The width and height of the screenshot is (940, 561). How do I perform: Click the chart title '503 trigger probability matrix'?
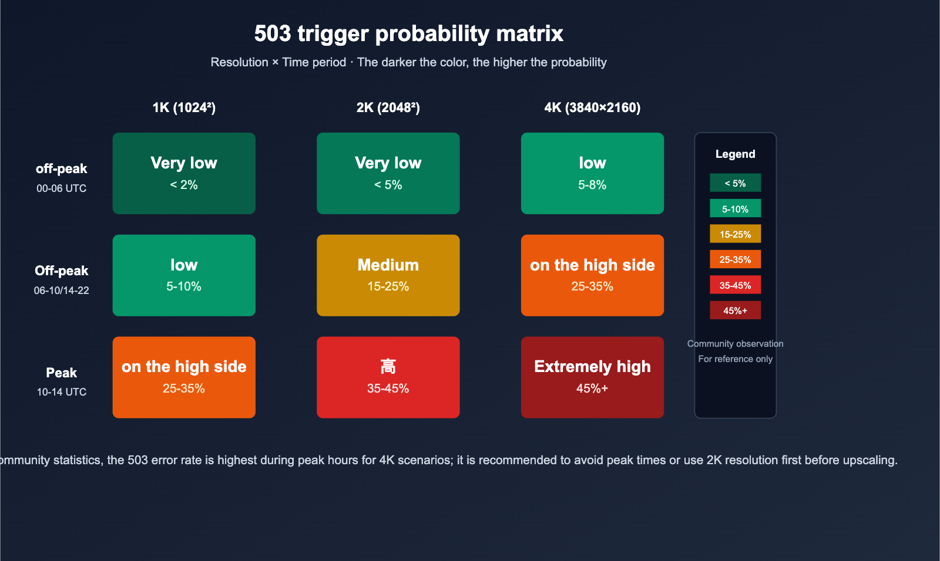(408, 33)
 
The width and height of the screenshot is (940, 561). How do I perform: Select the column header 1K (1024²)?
(184, 107)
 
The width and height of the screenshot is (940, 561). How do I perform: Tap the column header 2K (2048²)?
(388, 107)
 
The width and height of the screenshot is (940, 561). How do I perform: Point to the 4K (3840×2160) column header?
(592, 107)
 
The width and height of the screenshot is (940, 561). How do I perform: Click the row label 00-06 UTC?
(61, 188)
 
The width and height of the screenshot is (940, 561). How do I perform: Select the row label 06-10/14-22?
(61, 290)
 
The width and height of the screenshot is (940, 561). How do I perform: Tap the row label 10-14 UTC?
(61, 392)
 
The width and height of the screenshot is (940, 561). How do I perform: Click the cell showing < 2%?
(184, 174)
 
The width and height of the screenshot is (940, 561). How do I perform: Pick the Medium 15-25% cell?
(388, 275)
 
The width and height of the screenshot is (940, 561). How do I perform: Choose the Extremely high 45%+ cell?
(592, 377)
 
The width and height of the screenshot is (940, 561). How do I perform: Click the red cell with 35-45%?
(388, 377)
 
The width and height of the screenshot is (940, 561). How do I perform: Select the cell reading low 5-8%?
(592, 174)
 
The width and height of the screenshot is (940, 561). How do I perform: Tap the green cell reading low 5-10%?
(184, 275)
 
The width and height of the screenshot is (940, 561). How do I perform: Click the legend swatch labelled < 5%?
(735, 183)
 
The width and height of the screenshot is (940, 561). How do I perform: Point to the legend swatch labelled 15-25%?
(735, 234)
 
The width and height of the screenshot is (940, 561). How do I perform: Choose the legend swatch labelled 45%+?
(735, 310)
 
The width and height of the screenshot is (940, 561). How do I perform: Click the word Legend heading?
(735, 154)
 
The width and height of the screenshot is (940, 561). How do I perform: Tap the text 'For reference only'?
(735, 359)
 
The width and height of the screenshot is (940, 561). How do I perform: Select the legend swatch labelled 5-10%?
(735, 209)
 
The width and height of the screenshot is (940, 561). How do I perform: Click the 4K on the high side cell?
(592, 275)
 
